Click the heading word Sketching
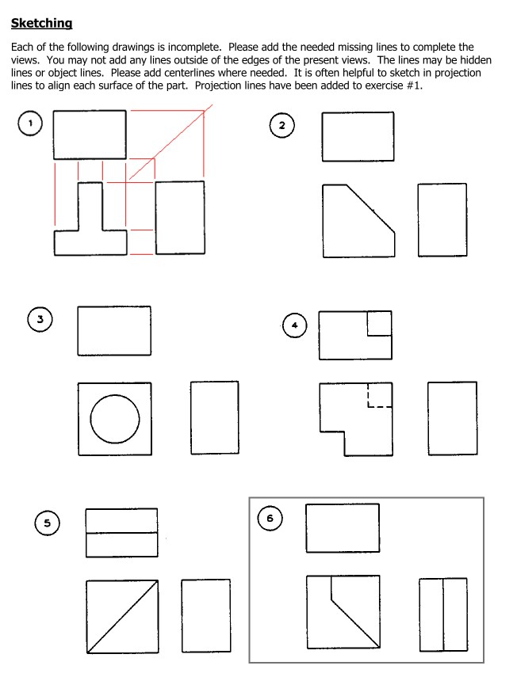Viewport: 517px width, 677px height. (x=42, y=24)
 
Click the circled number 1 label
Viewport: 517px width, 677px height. (x=30, y=123)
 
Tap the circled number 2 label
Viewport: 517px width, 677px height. (x=281, y=125)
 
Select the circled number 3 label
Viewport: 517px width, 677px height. (x=40, y=320)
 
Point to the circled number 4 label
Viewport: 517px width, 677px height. (x=294, y=325)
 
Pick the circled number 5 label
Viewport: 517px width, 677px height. (x=47, y=523)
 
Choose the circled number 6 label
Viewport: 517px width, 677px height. (x=270, y=519)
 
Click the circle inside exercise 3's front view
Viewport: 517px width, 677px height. (x=115, y=419)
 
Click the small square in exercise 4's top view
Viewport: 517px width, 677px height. (x=379, y=323)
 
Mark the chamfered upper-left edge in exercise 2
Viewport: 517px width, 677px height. (x=371, y=207)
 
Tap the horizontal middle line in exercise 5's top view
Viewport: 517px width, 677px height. (x=121, y=533)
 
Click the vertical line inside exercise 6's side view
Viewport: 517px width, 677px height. (x=443, y=614)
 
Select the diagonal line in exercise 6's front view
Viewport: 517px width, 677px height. (x=354, y=622)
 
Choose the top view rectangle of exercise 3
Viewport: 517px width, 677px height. (x=114, y=330)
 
